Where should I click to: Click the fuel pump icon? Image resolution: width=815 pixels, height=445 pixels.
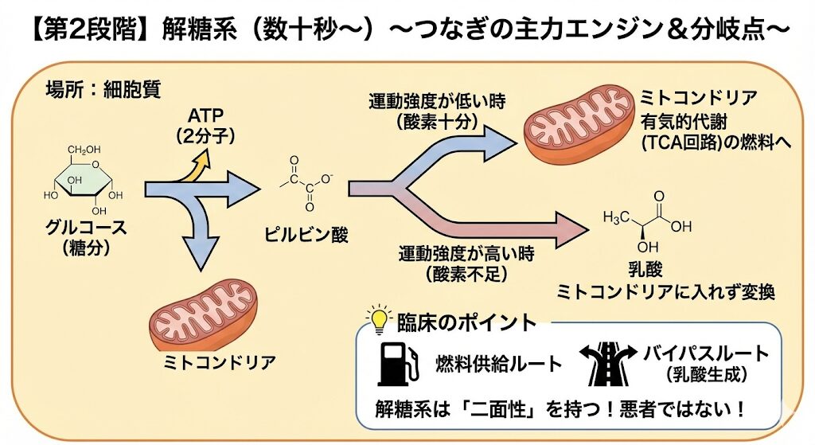coord(396,362)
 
